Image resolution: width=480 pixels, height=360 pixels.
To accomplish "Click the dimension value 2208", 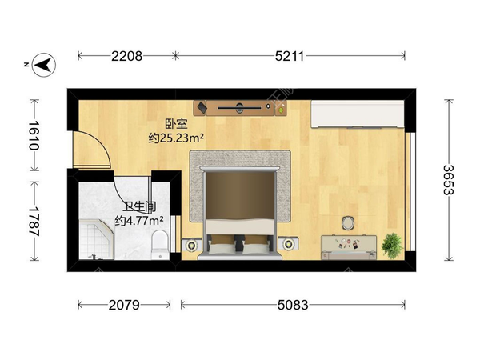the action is coord(126,56).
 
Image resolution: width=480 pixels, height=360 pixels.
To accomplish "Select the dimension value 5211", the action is coord(290,56).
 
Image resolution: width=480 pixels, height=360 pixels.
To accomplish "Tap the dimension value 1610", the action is coord(34,135).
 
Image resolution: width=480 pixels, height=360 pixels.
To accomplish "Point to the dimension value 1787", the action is coord(34,221).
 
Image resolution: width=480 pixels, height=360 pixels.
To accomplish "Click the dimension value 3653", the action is coord(449,180).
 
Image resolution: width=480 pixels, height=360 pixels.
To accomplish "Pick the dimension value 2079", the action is coord(124,305).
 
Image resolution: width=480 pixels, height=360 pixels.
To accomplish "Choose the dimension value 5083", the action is coord(293,305).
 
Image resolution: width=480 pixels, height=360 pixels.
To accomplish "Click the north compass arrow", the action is coord(44,65).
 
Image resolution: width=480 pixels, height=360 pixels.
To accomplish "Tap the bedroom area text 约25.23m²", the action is coord(176,138).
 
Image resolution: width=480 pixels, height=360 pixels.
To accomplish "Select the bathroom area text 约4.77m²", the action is coord(138,220).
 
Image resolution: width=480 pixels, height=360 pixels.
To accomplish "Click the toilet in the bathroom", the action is coord(160,245).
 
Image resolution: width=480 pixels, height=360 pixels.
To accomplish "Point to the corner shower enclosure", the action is coord(97,239).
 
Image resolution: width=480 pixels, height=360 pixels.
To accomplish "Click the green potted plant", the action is coord(392,246).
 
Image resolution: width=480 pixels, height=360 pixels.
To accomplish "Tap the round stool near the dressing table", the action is coord(348,222).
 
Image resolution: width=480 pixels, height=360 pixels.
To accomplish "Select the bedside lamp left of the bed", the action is coord(192,245).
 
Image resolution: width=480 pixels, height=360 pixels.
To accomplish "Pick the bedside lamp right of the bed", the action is coord(288,244).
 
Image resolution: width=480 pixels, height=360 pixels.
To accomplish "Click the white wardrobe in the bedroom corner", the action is coord(358,114).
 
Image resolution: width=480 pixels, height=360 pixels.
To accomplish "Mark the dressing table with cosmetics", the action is coord(349,247).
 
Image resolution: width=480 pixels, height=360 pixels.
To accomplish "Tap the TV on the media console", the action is coord(240,108).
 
